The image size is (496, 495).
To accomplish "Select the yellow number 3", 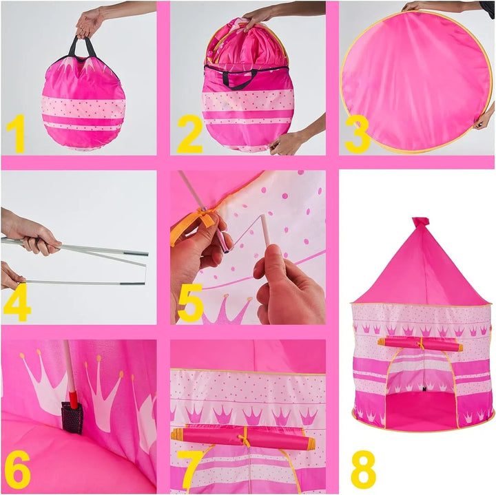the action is [358, 134].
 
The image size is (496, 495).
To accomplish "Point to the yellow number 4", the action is [17, 302].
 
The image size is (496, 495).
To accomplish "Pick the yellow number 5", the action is [190, 302].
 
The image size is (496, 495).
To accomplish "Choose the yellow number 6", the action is [17, 472].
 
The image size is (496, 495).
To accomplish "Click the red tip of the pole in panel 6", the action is [74, 399].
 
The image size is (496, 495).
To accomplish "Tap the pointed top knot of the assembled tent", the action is [420, 222].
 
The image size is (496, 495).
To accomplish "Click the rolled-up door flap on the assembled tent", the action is [420, 344].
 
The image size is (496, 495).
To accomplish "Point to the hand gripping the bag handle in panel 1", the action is [89, 23].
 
